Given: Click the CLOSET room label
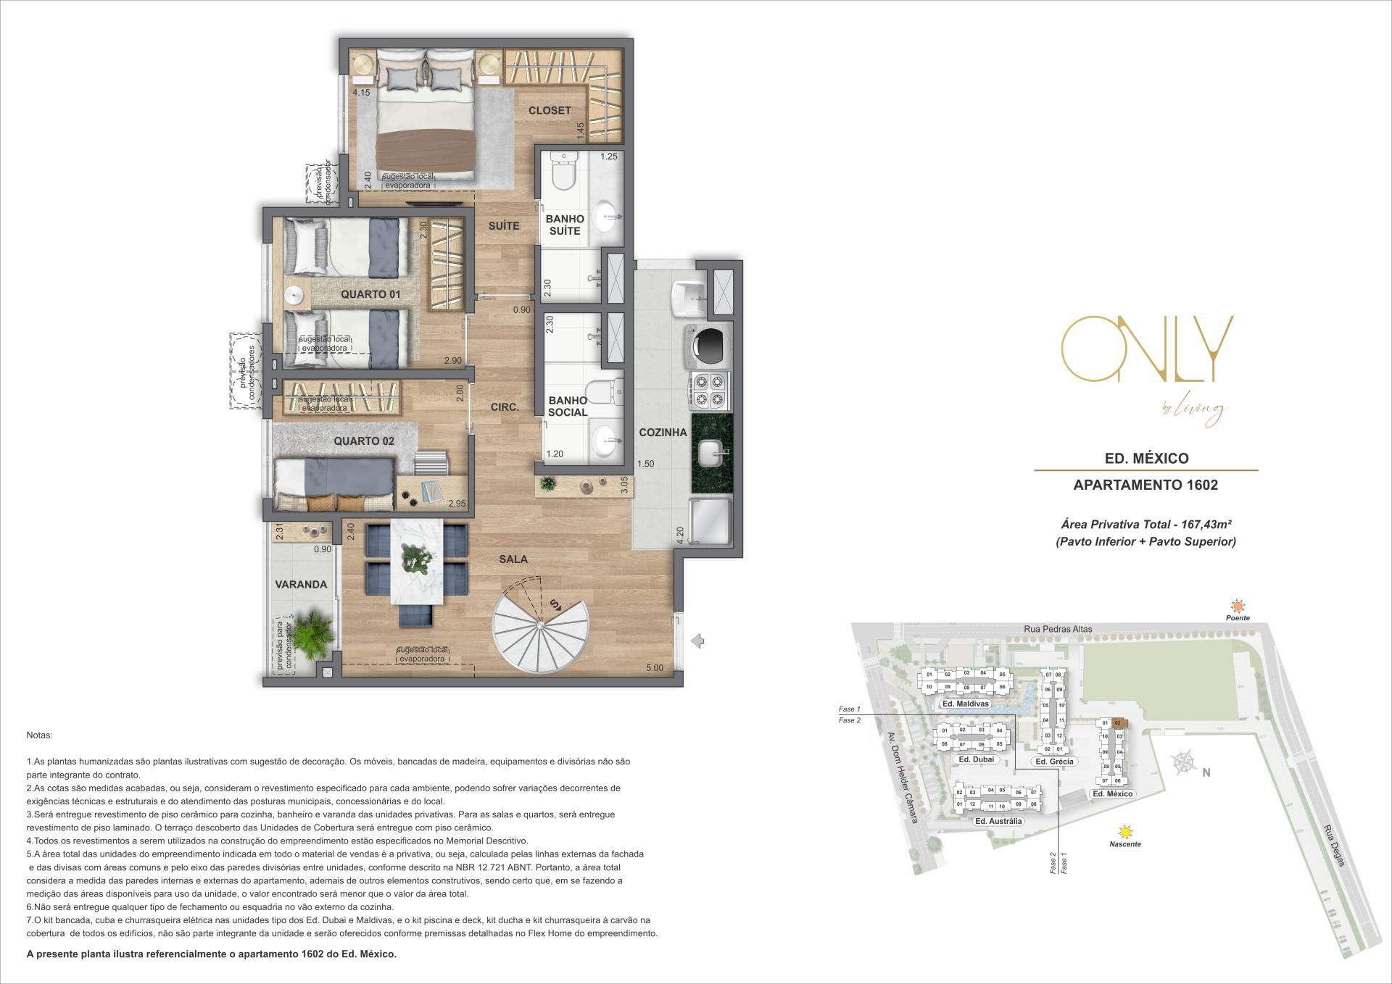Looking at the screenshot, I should click(550, 111).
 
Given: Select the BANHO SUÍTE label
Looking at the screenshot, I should click(565, 225).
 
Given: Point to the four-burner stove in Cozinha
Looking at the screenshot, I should click(710, 391).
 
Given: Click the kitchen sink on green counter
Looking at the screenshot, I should click(711, 454).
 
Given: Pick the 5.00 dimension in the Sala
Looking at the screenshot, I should click(654, 668).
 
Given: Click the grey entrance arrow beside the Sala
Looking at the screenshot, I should click(698, 641).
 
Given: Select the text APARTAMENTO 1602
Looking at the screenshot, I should click(1145, 485).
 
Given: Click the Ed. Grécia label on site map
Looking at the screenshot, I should click(1054, 762).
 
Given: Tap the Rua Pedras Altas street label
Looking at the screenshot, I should click(1058, 629).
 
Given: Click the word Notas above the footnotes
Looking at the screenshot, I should click(39, 735).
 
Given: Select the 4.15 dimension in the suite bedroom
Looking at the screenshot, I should click(361, 93).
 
